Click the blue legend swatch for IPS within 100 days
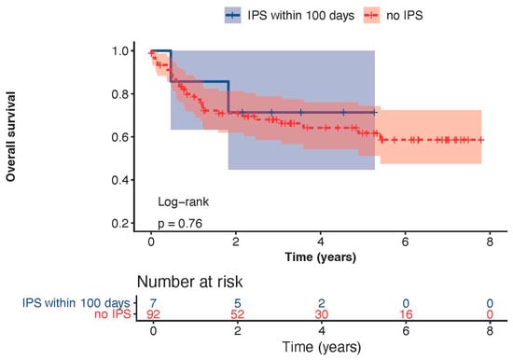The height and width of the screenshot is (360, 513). click(x=232, y=15)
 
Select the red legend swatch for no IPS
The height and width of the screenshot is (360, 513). click(x=371, y=15)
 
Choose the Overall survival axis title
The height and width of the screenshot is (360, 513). click(x=10, y=136)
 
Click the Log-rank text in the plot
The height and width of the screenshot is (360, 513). click(x=183, y=202)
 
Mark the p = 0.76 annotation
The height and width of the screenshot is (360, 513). click(x=180, y=224)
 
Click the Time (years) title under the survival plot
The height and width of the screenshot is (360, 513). click(x=320, y=257)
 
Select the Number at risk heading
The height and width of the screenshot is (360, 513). click(x=189, y=282)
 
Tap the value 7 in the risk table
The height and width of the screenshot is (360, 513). click(x=153, y=303)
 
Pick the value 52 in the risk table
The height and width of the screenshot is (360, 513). click(x=238, y=314)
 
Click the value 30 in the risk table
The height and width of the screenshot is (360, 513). click(x=322, y=314)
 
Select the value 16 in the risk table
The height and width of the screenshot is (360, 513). click(x=406, y=314)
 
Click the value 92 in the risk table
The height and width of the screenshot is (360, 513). click(x=153, y=314)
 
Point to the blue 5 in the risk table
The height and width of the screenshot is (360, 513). click(x=238, y=303)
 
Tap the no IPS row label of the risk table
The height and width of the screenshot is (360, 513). click(x=113, y=314)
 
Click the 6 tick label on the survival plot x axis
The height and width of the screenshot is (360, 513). click(x=406, y=242)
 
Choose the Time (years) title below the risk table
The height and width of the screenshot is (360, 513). click(x=322, y=347)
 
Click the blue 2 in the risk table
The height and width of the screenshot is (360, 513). click(x=322, y=303)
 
